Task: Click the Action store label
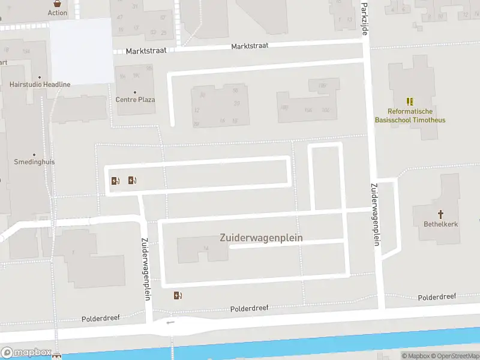(x=58, y=13)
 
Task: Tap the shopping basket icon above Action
(x=58, y=3)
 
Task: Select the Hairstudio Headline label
(x=40, y=85)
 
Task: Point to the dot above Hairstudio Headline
(x=40, y=77)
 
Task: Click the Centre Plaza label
(x=135, y=100)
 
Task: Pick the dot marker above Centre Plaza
(x=135, y=92)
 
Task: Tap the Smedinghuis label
(x=34, y=162)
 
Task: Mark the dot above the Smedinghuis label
(x=34, y=154)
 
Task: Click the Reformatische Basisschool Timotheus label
(x=410, y=115)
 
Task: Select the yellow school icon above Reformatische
(x=410, y=101)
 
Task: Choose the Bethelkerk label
(x=441, y=224)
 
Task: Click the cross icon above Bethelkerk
(x=440, y=214)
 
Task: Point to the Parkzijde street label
(x=365, y=18)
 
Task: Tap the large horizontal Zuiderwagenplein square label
(x=261, y=238)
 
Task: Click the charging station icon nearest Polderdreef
(x=178, y=295)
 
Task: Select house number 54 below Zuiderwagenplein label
(x=206, y=248)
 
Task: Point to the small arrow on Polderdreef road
(x=171, y=322)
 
